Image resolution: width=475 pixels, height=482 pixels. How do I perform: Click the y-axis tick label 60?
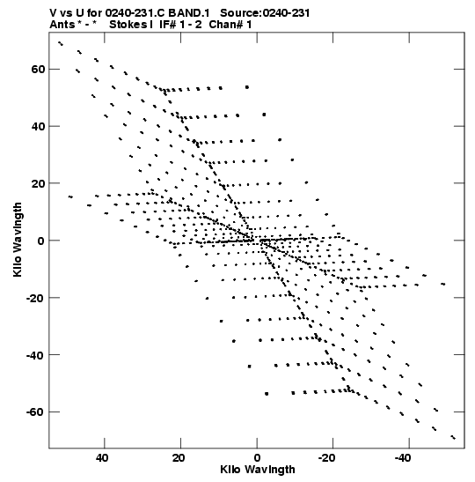[38, 69]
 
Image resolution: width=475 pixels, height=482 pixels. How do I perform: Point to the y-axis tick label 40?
[38, 126]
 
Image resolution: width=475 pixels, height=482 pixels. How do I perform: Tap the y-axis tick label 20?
[38, 183]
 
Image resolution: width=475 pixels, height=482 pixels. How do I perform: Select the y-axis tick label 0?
[41, 241]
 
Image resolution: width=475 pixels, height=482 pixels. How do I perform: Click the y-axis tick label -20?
[35, 298]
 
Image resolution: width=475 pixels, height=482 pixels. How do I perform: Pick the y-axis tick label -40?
[35, 355]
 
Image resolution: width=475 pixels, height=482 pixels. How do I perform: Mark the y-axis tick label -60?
[35, 412]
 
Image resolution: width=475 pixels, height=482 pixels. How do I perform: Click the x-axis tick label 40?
[102, 458]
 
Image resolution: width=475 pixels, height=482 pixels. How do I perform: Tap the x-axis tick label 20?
[179, 458]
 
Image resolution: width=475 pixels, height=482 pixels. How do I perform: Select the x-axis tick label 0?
[257, 458]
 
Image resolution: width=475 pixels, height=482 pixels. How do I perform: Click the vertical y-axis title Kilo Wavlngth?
[18, 240]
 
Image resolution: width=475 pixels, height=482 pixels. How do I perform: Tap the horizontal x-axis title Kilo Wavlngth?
[258, 470]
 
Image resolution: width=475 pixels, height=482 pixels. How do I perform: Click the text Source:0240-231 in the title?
[265, 13]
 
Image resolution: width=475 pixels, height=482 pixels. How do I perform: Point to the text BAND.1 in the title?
[189, 13]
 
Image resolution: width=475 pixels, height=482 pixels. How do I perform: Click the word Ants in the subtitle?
[62, 25]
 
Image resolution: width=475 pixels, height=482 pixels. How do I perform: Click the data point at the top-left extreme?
[61, 43]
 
